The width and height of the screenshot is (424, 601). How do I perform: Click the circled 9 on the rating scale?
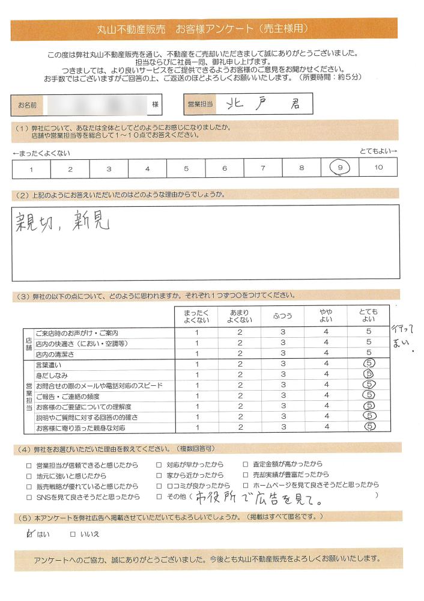click(340, 168)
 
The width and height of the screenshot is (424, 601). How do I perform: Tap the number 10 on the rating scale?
click(378, 168)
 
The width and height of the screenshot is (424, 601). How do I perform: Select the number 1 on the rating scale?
click(31, 169)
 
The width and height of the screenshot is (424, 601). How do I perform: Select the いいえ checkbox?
click(73, 533)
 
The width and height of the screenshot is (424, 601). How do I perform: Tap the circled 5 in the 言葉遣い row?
click(369, 364)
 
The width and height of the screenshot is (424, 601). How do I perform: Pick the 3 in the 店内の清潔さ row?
click(282, 353)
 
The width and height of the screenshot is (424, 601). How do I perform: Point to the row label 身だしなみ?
click(49, 374)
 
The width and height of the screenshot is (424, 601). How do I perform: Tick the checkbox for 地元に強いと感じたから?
click(29, 475)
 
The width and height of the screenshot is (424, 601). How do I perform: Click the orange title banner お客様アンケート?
click(204, 29)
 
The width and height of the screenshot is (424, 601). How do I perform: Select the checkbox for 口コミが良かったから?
click(159, 486)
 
